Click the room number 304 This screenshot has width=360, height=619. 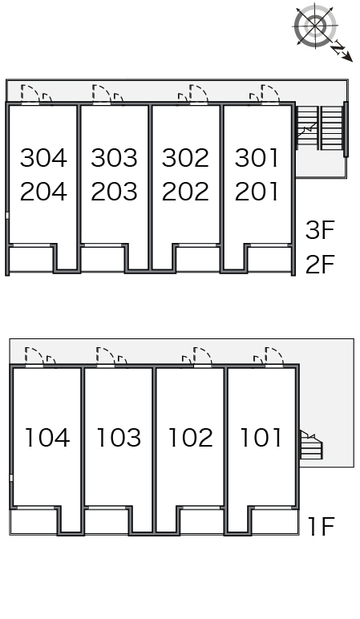point(43,157)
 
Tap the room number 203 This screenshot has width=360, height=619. point(114,192)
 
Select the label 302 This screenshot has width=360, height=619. point(185,157)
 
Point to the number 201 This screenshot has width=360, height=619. point(257,192)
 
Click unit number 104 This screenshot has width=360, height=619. point(47,438)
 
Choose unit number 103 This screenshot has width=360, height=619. point(119,438)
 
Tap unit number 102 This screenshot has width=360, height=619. point(191,438)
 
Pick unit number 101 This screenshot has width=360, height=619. point(261,438)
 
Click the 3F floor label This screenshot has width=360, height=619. point(320,230)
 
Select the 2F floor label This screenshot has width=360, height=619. point(320,264)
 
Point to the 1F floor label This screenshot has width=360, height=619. point(322,526)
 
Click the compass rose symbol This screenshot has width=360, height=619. point(315,26)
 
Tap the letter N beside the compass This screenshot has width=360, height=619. point(338,48)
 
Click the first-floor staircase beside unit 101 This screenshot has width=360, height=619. point(311,445)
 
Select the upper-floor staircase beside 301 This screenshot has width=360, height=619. point(320,128)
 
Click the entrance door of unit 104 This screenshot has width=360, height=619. point(34,358)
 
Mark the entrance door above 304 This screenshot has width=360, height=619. point(30,95)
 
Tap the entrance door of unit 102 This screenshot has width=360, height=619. point(202,358)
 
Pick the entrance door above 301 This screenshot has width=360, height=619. point(270,95)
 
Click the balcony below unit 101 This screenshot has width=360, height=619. point(274,521)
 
